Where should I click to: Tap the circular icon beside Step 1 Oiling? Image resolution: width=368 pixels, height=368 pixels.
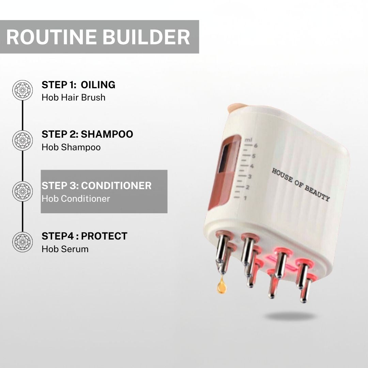[22, 90]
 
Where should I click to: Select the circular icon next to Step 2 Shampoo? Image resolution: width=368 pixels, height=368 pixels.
[22, 140]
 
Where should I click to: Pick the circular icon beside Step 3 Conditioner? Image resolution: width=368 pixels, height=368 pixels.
[22, 191]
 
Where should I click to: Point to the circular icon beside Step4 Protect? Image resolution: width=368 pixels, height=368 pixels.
[22, 242]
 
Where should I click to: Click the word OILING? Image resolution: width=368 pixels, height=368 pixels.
[98, 85]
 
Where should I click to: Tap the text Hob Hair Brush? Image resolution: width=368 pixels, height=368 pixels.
[74, 97]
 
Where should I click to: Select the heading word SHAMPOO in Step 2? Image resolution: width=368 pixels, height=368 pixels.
[107, 134]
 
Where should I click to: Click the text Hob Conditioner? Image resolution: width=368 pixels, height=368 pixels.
[76, 199]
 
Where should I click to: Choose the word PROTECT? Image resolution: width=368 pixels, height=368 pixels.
[104, 236]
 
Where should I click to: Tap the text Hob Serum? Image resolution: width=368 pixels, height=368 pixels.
[65, 249]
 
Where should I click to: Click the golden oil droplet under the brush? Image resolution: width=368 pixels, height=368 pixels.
[222, 285]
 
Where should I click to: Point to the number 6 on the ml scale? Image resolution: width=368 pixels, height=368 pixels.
[256, 145]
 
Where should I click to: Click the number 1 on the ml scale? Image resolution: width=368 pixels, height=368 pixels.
[245, 198]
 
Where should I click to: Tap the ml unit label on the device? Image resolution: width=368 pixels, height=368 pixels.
[248, 140]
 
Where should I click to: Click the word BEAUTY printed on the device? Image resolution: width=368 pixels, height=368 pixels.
[317, 194]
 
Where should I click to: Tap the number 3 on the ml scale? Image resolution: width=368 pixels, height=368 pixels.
[249, 177]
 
